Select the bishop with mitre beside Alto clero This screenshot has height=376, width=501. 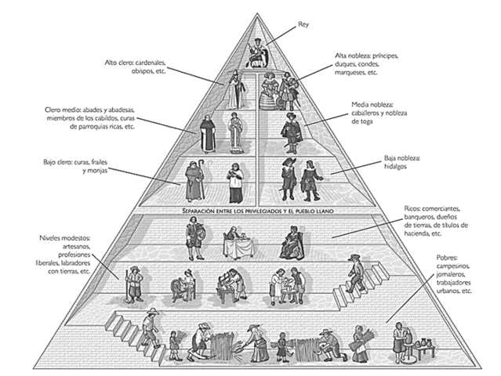pos(233,89)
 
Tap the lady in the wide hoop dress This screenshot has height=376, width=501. pos(270,92)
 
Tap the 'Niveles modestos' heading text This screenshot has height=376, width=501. pos(65,236)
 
